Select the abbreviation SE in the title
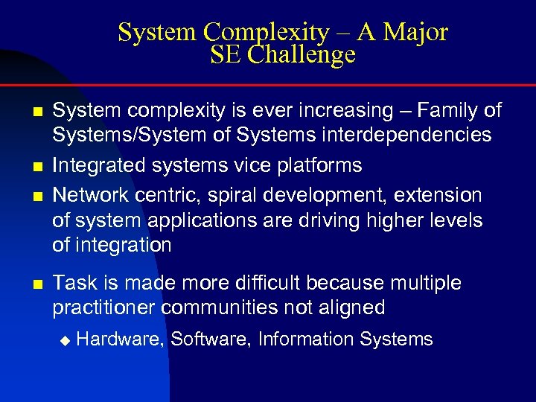[226, 55]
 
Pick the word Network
[90, 195]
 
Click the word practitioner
[103, 307]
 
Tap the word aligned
[358, 307]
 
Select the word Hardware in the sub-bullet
[120, 340]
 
